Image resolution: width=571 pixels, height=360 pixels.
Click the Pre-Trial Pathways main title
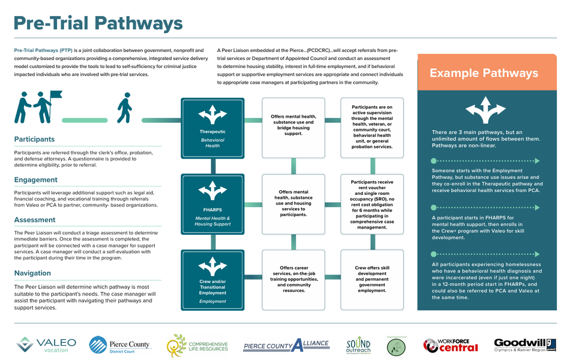(98, 23)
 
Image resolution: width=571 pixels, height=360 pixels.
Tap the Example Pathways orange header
(483, 73)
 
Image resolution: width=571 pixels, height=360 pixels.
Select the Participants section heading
(34, 139)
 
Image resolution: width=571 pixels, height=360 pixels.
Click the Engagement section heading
(36, 180)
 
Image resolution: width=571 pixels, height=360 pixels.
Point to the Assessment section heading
(35, 220)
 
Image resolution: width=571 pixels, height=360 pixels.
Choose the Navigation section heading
(33, 273)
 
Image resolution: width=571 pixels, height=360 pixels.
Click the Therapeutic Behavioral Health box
(212, 128)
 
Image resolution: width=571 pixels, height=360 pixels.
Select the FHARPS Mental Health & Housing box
(212, 205)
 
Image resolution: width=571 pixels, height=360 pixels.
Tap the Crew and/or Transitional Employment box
(212, 280)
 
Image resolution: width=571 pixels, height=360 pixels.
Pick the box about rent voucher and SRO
(372, 205)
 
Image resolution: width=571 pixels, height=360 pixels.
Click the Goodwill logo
(524, 345)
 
